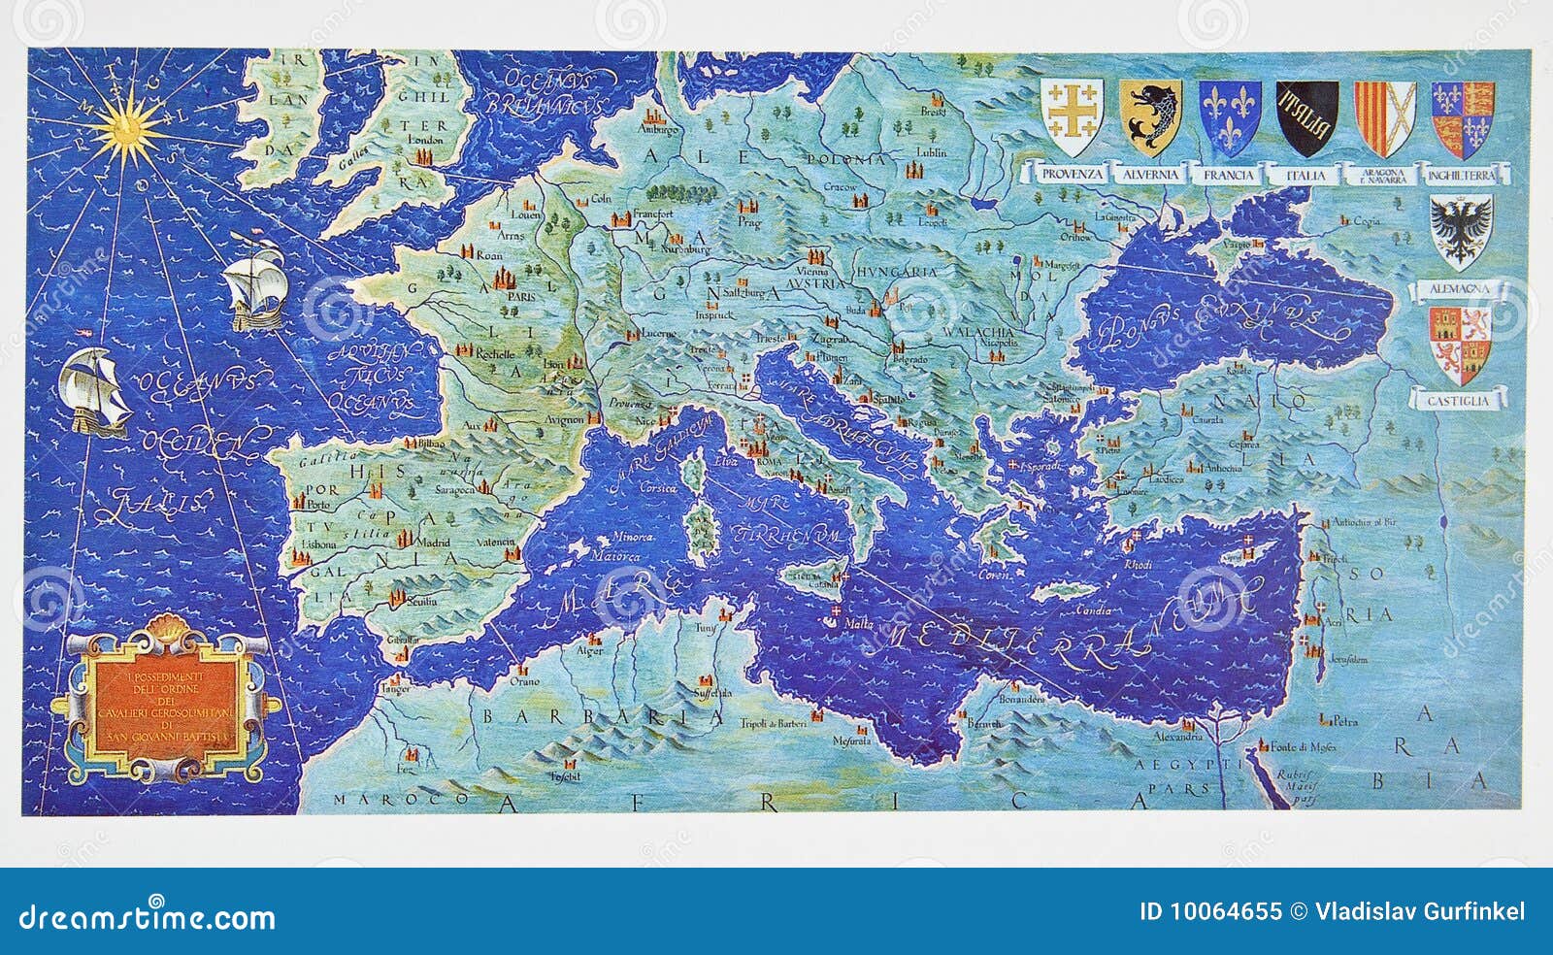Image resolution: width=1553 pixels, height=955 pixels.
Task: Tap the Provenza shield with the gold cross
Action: pyautogui.click(x=1072, y=118)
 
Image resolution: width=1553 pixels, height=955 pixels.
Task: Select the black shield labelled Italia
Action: pyautogui.click(x=1306, y=118)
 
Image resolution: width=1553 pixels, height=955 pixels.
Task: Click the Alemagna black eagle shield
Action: pyautogui.click(x=1461, y=231)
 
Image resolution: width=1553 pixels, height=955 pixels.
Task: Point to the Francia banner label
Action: pyautogui.click(x=1229, y=175)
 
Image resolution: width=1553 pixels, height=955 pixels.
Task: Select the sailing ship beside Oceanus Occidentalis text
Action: pyautogui.click(x=94, y=390)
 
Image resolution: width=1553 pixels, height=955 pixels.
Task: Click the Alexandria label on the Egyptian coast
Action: pyautogui.click(x=1176, y=738)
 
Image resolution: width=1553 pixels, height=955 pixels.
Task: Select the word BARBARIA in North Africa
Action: pyautogui.click(x=602, y=717)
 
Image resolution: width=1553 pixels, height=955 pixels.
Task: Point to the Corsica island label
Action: pyautogui.click(x=657, y=489)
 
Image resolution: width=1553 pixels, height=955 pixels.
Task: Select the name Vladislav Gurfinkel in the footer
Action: pyautogui.click(x=1420, y=911)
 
